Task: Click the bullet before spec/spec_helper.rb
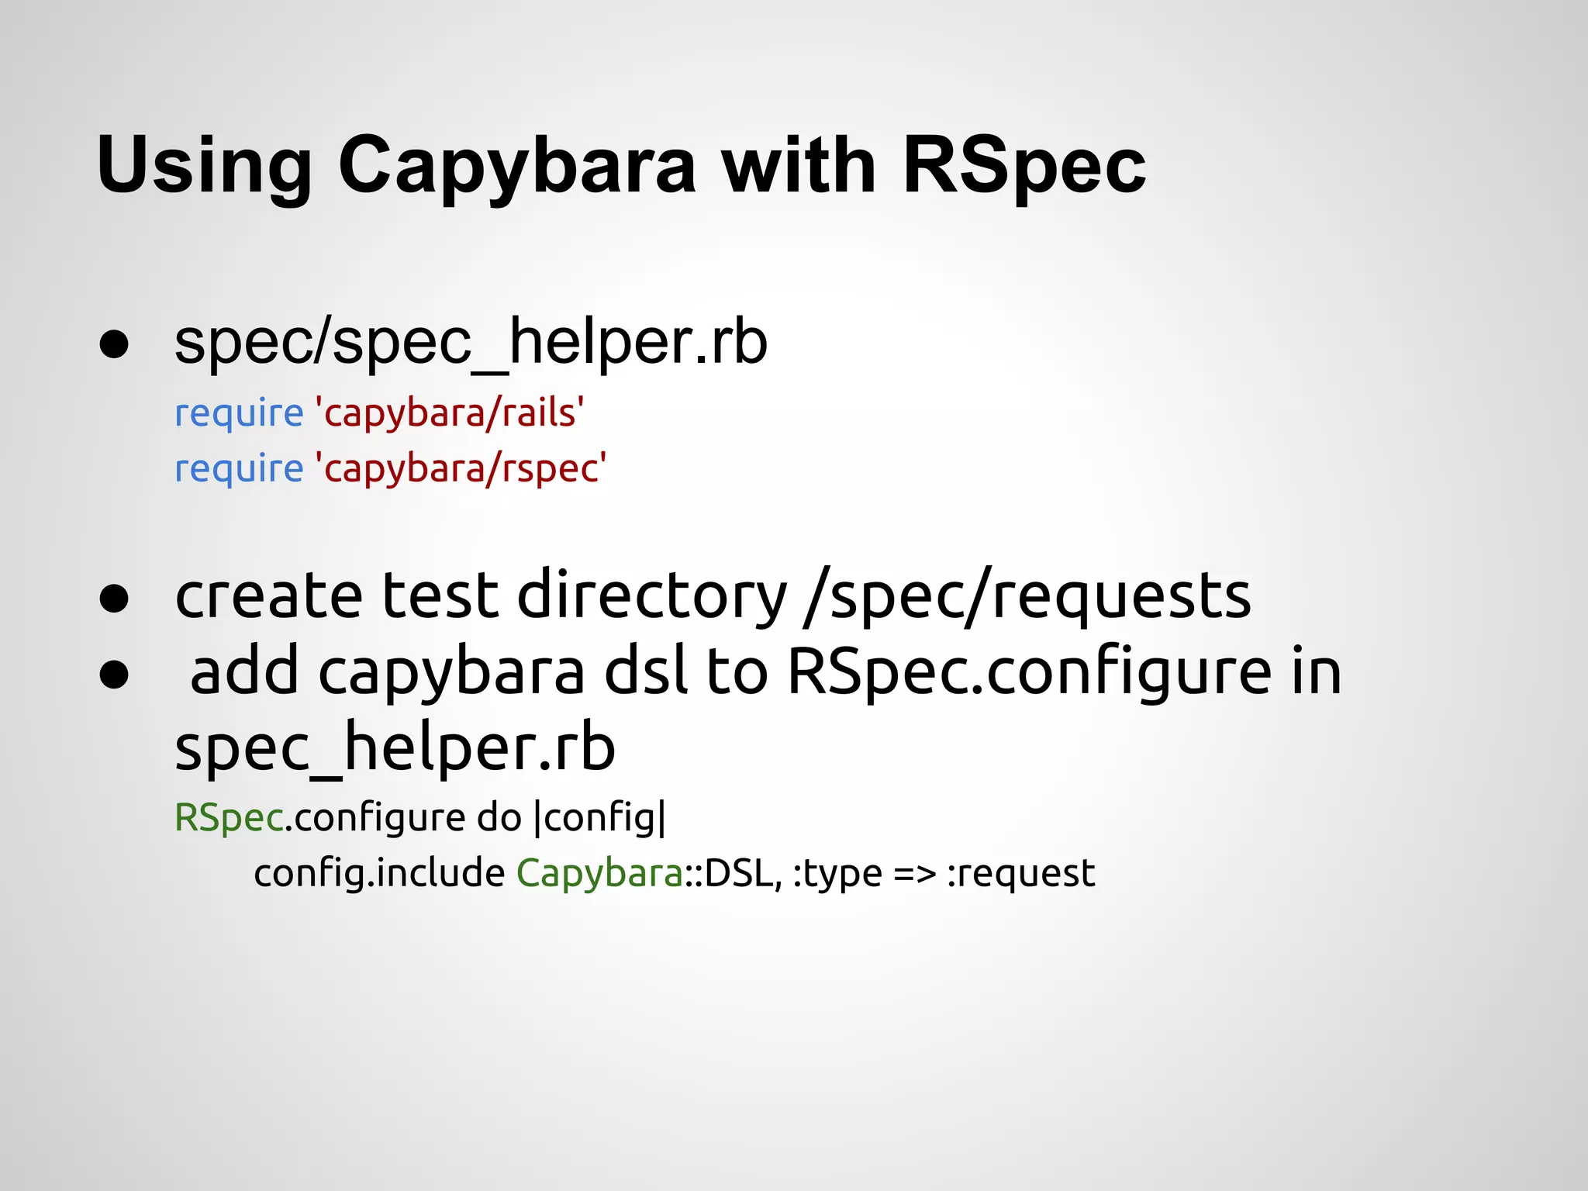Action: [114, 345]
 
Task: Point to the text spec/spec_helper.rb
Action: [471, 343]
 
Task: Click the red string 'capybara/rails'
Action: [450, 413]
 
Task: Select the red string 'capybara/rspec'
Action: [461, 469]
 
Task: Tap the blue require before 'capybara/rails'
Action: [239, 413]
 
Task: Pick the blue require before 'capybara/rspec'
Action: [239, 469]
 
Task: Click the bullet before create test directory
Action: [114, 598]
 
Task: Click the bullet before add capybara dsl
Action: [114, 674]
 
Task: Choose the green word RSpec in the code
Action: [229, 818]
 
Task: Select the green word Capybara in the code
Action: [599, 874]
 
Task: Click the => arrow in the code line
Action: [914, 874]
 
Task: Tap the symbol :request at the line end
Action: [1020, 874]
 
